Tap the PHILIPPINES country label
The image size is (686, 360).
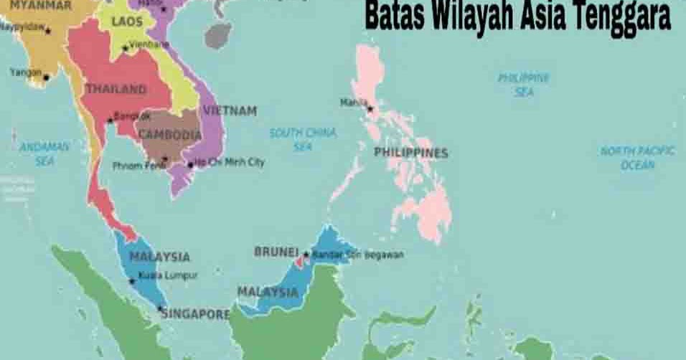[410, 153]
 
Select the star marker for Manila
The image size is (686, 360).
[370, 109]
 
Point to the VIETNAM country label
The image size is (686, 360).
[230, 111]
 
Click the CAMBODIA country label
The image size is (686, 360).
[170, 135]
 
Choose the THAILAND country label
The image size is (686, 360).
[116, 90]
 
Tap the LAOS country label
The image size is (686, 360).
[127, 22]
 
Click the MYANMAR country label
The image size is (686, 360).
[40, 6]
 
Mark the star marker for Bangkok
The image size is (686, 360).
[110, 120]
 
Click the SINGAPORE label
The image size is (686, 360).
[195, 314]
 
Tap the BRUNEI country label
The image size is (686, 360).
[276, 252]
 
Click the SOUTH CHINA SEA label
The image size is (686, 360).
[303, 139]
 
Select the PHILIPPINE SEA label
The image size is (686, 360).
[524, 85]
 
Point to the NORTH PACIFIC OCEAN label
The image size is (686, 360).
[638, 158]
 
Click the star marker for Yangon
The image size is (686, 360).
[46, 77]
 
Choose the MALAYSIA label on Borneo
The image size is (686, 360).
[268, 293]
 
